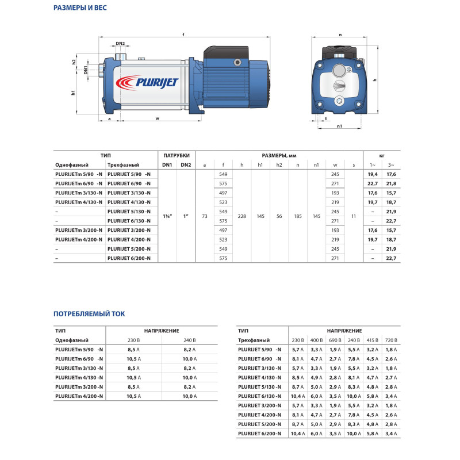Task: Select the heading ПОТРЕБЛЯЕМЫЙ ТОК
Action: (x=89, y=314)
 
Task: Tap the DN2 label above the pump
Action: (x=120, y=44)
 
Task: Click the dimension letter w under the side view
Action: (x=157, y=119)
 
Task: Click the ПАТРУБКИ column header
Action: (x=177, y=155)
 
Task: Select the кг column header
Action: (x=382, y=155)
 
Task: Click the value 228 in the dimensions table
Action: (x=242, y=216)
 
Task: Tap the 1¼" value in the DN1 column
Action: (x=167, y=216)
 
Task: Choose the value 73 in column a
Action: (x=205, y=216)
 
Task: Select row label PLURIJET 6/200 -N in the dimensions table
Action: (x=129, y=259)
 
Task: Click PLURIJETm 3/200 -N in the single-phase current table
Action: (x=79, y=387)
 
